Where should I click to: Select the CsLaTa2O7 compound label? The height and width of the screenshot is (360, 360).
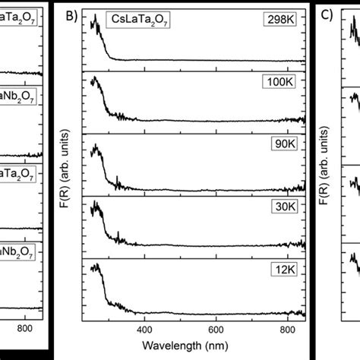tap(137, 23)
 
